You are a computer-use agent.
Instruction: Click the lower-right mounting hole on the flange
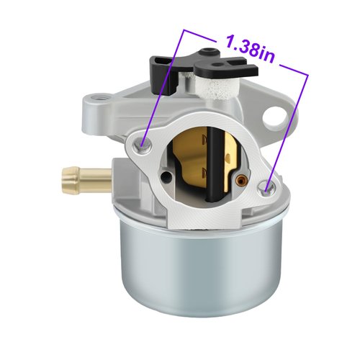tap(268, 188)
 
